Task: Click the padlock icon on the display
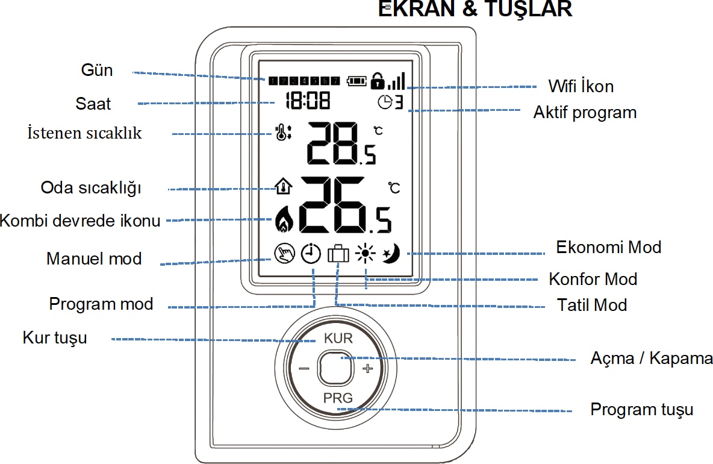(378, 80)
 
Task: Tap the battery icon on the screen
(356, 81)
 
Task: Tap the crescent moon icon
(392, 254)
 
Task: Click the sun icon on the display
(365, 254)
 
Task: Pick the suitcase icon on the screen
(338, 254)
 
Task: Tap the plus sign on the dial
(368, 368)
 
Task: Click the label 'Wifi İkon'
(581, 86)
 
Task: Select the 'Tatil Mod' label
(593, 305)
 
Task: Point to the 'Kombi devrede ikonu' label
(80, 221)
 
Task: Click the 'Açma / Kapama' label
(652, 359)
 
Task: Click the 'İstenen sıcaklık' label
(85, 133)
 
